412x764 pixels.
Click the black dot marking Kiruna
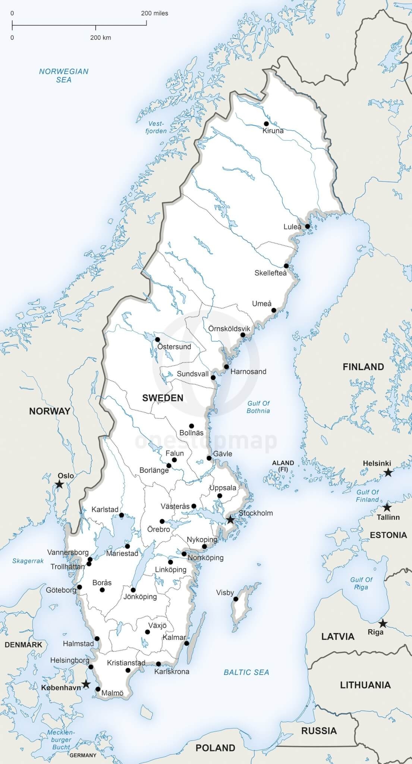coord(266,123)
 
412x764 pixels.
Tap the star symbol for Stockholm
coord(230,519)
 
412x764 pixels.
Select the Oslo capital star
coord(59,484)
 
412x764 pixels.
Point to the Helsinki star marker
coord(388,472)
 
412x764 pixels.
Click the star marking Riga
coord(383,623)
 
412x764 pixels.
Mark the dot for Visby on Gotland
coord(236,599)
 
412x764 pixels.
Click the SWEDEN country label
coord(163,398)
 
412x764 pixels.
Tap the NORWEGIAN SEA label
coord(64,75)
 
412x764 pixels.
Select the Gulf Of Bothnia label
coord(258,407)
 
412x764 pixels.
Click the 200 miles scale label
coord(154,13)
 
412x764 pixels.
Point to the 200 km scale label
coord(100,38)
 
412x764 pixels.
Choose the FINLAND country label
coord(363,367)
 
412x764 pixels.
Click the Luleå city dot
coord(308,226)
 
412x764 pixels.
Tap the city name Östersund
coord(174,347)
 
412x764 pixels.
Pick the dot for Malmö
coord(98,689)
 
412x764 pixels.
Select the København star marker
coord(86,684)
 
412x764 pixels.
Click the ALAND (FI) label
coord(283,466)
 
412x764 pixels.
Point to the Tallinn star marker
coord(387,507)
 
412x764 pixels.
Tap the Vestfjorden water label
coord(156,127)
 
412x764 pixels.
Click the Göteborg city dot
coord(79,587)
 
